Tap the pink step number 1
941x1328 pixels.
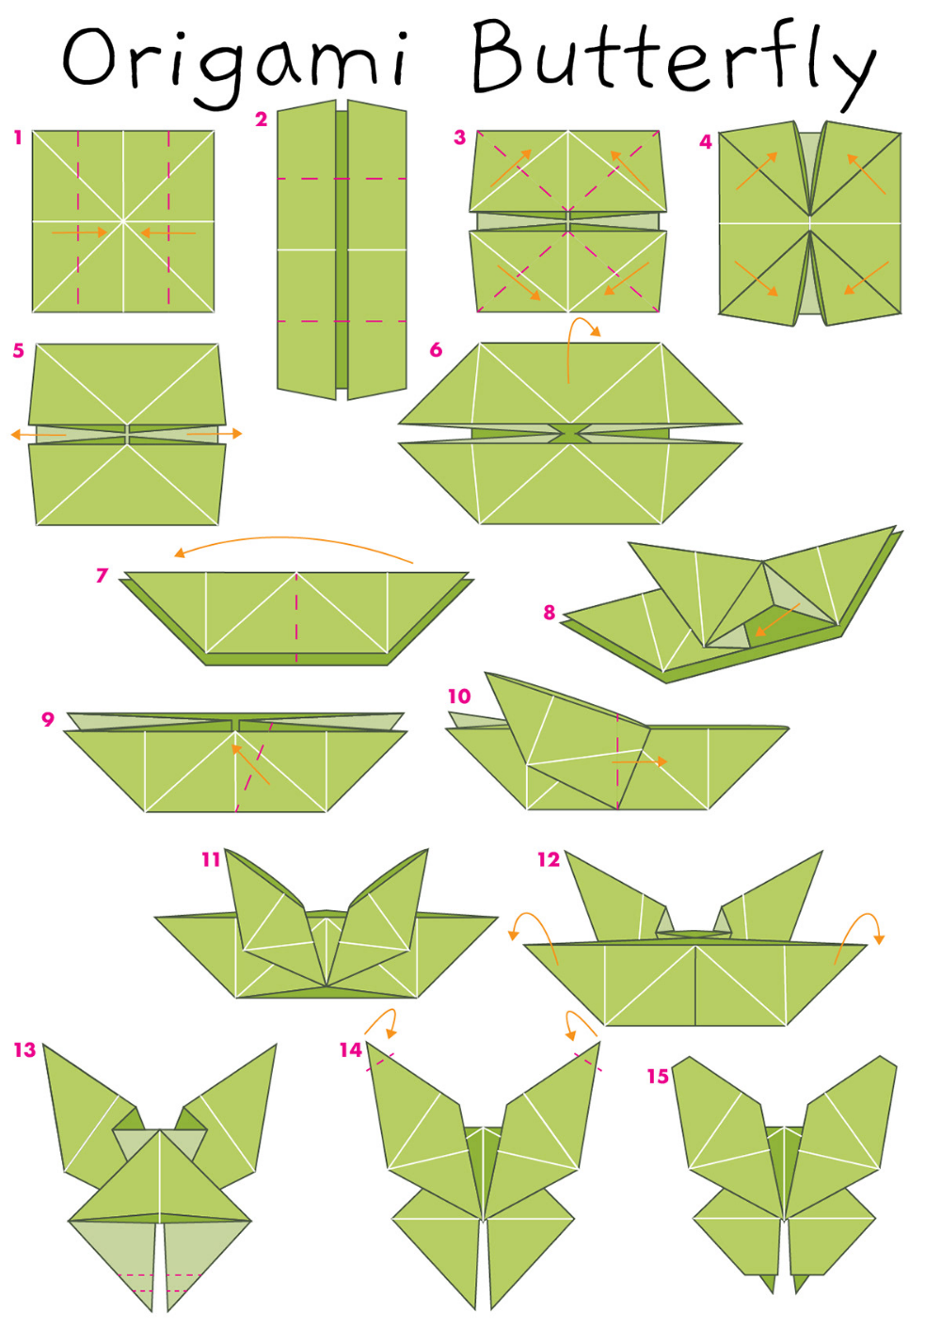point(18,138)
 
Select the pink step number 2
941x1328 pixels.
point(261,120)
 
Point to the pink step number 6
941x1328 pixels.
point(436,350)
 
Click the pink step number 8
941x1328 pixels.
point(550,613)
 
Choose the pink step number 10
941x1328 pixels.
point(459,696)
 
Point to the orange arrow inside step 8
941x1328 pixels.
point(777,620)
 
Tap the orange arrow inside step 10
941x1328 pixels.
point(639,761)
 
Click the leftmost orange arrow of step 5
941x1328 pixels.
point(39,435)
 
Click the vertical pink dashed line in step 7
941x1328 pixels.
point(296,616)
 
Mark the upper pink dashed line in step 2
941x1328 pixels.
point(342,179)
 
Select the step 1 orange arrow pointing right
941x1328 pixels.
point(79,232)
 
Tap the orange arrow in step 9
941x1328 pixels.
point(250,765)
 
